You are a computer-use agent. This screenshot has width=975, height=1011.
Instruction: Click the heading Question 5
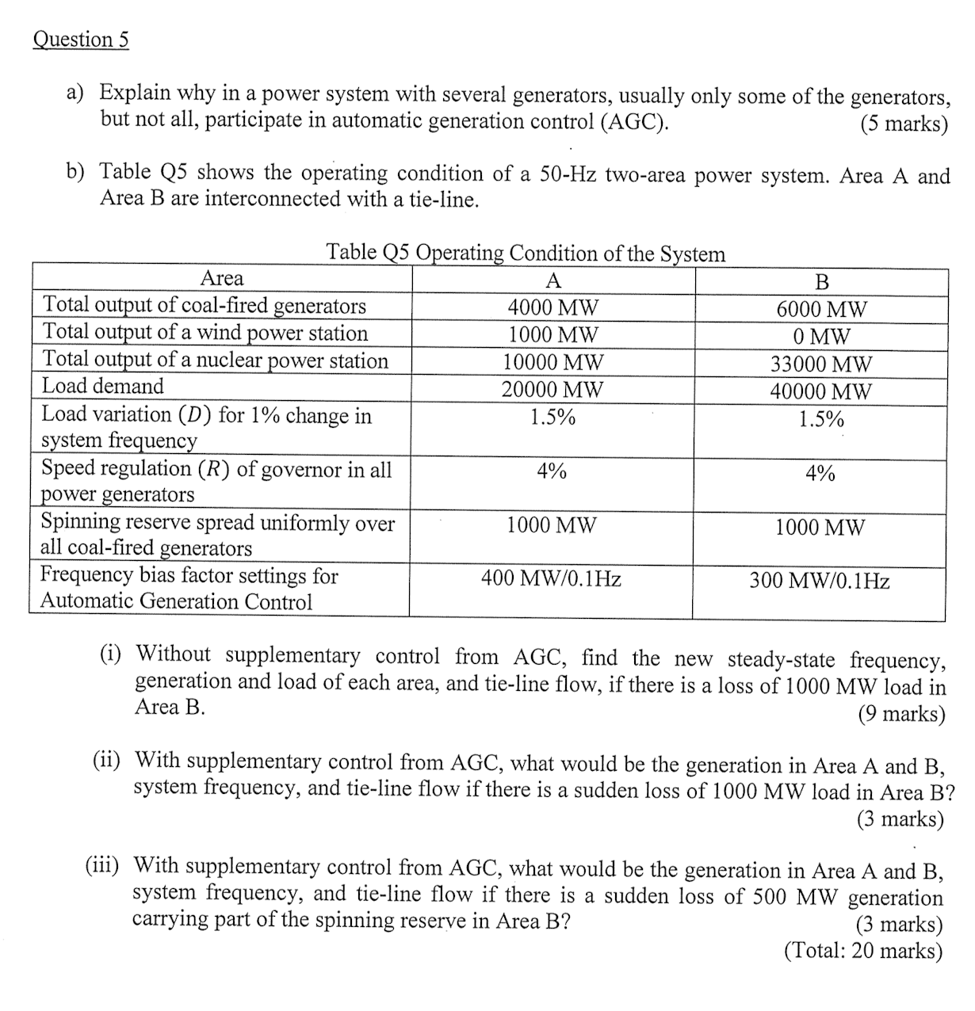coord(80,40)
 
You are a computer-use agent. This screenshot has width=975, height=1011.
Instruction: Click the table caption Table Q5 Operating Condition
coord(526,253)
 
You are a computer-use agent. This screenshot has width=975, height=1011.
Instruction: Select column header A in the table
coord(553,280)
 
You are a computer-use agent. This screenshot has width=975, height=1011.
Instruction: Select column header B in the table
coord(821,282)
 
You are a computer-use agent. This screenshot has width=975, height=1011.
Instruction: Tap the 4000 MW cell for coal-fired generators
coord(553,307)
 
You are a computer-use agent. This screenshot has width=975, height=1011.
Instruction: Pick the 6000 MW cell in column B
coord(821,309)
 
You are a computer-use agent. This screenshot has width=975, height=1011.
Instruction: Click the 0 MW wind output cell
coord(821,337)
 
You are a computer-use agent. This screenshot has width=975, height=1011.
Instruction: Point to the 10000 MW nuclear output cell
coord(553,363)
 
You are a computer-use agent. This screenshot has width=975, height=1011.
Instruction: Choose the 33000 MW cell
coord(821,364)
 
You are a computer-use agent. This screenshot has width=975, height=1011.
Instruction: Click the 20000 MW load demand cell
coord(553,390)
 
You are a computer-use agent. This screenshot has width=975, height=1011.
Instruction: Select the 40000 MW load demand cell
coord(821,391)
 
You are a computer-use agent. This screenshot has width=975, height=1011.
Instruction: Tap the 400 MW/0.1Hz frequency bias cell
coord(551,579)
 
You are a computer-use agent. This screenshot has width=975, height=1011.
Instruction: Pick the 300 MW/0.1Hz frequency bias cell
coord(820,582)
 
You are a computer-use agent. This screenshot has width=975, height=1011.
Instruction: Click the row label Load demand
coord(102,387)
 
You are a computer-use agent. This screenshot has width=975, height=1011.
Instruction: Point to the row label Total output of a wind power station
coord(205,333)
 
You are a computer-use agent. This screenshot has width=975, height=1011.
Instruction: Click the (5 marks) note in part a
coord(904,124)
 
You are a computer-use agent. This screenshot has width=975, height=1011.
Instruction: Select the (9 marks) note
coord(901,715)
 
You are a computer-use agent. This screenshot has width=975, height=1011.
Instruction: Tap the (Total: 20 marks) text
coord(862,950)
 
